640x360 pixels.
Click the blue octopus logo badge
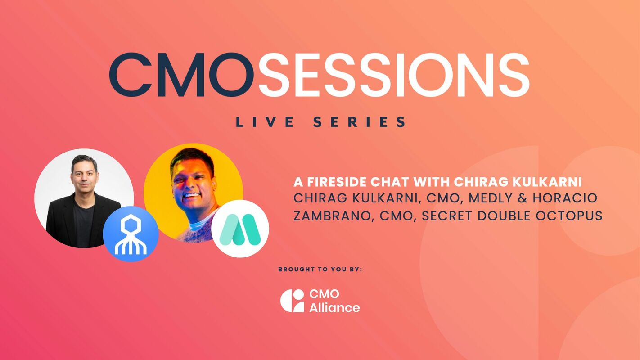(x=131, y=234)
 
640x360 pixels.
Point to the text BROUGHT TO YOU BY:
(x=320, y=269)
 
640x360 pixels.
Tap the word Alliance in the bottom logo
(x=334, y=308)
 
